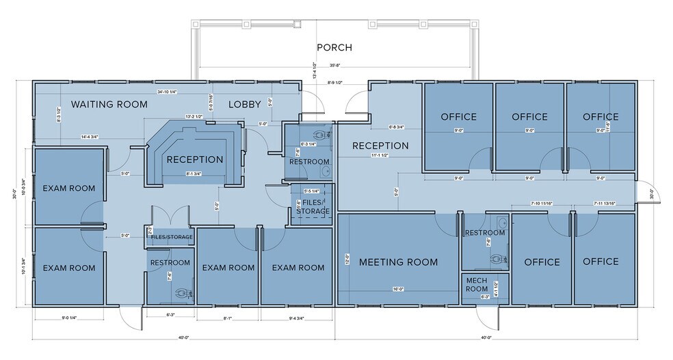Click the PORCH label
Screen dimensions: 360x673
334,47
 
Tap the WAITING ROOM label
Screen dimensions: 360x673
109,105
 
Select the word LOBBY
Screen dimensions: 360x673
244,105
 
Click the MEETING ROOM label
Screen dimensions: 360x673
398,262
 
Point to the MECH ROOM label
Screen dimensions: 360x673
476,284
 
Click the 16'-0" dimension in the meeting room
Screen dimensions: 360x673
397,290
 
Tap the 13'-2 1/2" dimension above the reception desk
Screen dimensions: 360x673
194,117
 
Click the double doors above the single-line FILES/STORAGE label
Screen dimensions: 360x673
166,216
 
